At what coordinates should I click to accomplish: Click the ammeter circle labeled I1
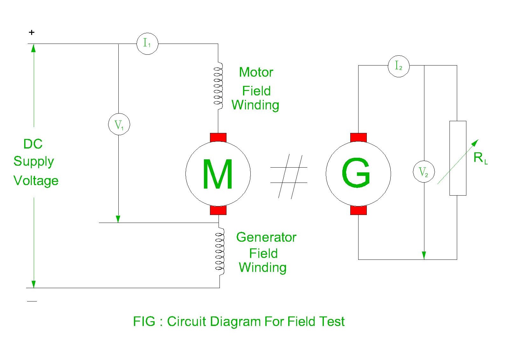click(147, 44)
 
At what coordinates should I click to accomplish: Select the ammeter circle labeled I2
click(399, 66)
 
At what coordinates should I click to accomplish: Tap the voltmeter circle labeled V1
click(119, 124)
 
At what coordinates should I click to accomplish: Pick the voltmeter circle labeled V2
click(423, 172)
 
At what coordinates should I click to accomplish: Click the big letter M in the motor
click(218, 175)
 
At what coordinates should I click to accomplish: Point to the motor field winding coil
click(218, 86)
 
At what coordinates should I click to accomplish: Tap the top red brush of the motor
click(218, 138)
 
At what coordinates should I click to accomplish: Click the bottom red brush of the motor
click(218, 210)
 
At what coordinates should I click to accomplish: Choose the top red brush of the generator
click(359, 138)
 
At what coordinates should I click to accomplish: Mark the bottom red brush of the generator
click(359, 210)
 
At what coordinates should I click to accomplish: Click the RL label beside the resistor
click(480, 158)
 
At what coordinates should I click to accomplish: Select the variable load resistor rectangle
click(458, 158)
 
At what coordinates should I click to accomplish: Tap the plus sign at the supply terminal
click(31, 32)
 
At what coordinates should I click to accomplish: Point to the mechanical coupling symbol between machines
click(289, 176)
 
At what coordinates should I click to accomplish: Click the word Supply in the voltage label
click(34, 162)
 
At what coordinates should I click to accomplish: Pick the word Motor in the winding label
click(256, 73)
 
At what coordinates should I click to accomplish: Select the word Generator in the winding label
click(266, 238)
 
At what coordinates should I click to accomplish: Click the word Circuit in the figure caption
click(187, 322)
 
